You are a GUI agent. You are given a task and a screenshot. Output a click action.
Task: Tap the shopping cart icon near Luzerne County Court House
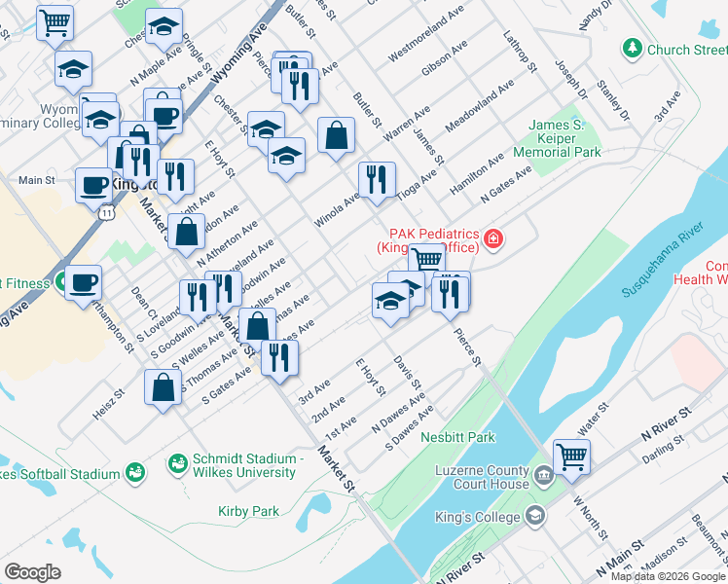571,456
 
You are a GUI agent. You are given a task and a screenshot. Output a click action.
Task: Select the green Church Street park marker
634,48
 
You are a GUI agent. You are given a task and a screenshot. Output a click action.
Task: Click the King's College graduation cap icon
533,513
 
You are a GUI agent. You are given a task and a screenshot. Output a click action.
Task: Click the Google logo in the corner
32,572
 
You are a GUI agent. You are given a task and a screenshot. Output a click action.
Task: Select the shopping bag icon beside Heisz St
163,388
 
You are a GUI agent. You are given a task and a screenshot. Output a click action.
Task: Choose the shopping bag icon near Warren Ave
336,136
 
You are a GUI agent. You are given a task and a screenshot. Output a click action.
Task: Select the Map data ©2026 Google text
668,576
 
